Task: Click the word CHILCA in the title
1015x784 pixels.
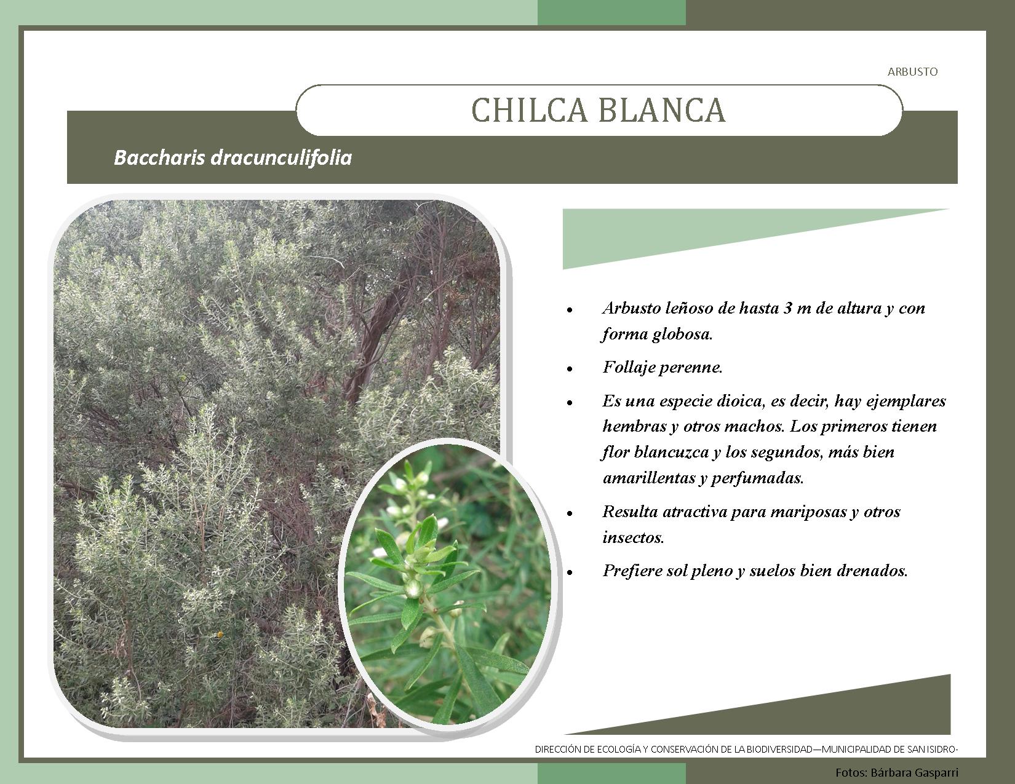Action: [x=529, y=111]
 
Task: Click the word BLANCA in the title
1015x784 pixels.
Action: [x=662, y=111]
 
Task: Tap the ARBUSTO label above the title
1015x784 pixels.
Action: [x=912, y=72]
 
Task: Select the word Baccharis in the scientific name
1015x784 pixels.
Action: [x=159, y=157]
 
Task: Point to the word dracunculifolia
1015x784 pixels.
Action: [x=281, y=157]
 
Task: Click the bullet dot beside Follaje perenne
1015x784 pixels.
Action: [x=570, y=369]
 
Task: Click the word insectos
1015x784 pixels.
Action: [x=633, y=538]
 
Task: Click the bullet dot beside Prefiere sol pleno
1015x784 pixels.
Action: [x=570, y=572]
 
